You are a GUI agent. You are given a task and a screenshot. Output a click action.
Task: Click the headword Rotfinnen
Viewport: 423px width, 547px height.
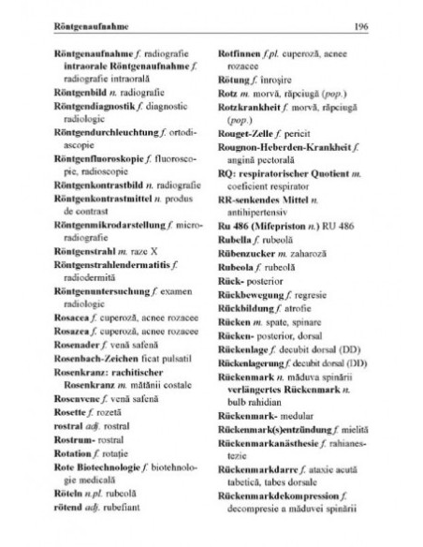[x=240, y=50]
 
